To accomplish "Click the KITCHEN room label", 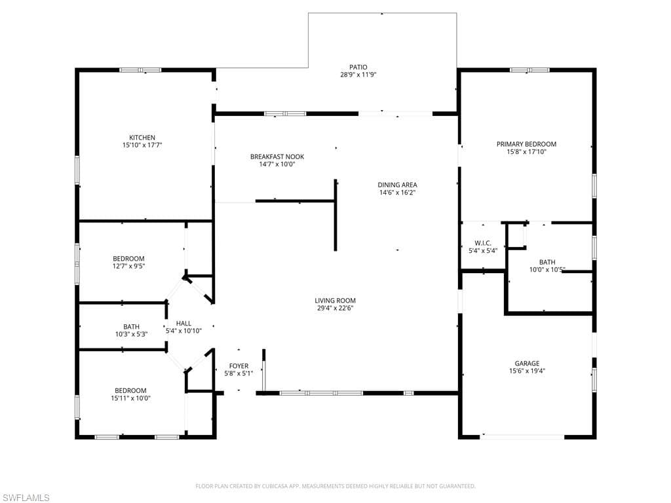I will coord(142,138).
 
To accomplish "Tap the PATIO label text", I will coord(358,67).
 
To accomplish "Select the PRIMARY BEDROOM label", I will coord(526,144).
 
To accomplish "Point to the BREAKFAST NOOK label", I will coord(277,157).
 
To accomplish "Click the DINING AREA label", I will coord(397,185).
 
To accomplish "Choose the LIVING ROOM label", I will coord(335,301).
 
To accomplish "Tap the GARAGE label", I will coord(527,363).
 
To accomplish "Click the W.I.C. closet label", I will coord(483,243).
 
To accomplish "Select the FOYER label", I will coord(239,366).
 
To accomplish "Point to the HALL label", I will coord(183,323).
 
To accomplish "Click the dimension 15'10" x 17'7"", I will coord(142,145).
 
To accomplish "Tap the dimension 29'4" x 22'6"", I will coord(335,309).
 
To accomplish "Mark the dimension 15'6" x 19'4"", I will coord(527,371).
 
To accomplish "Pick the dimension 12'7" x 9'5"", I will coord(128,267).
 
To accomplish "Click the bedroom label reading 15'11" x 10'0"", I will coord(131,398).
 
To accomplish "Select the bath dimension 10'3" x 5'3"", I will coord(131,334).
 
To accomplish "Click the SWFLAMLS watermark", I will coord(26,498).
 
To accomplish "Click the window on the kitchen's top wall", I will coord(140,69).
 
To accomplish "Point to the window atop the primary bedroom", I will coord(529,69).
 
